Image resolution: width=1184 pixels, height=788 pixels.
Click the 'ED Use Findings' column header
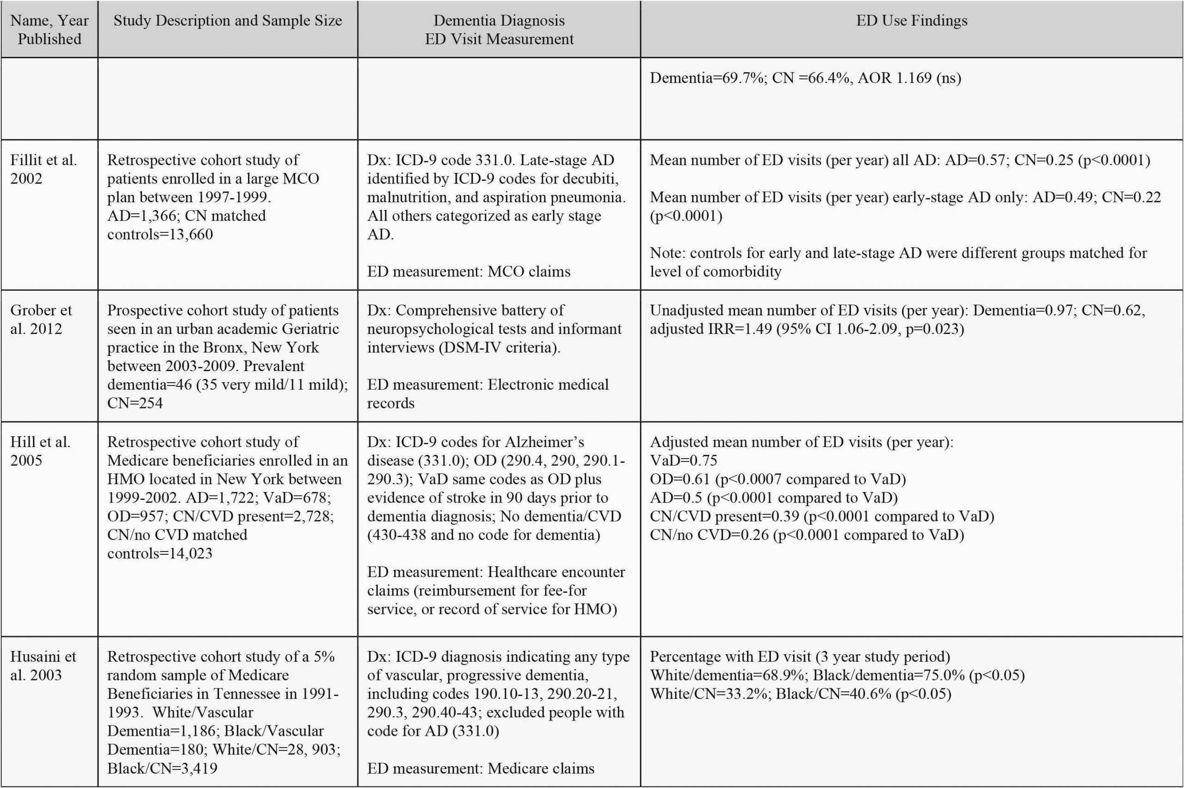(x=911, y=21)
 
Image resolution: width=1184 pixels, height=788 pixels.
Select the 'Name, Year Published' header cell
(x=49, y=30)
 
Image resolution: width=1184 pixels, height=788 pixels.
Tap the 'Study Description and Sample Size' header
(x=228, y=21)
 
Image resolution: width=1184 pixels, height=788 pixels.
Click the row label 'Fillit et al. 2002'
(x=43, y=169)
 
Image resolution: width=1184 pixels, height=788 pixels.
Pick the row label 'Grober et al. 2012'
(x=41, y=319)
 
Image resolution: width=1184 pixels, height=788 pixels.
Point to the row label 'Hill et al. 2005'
(x=40, y=451)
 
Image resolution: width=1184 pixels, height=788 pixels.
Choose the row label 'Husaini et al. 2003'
(x=43, y=665)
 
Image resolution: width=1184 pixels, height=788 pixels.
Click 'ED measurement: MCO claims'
(x=468, y=271)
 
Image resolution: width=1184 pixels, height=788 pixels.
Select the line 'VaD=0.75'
(x=683, y=460)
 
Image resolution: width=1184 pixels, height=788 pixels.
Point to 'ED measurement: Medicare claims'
(x=480, y=768)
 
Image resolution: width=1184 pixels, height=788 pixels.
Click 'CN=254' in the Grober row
(x=135, y=403)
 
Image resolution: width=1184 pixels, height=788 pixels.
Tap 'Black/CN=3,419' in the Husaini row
(x=162, y=768)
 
